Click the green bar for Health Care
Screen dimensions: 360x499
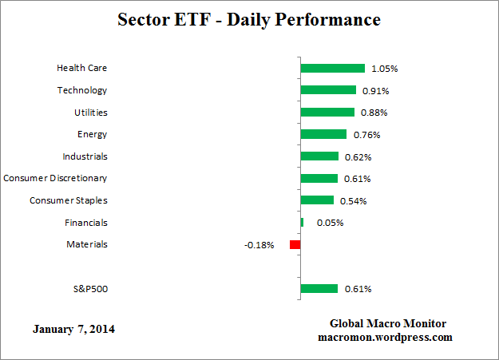pos(332,69)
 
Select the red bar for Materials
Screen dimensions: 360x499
pos(295,244)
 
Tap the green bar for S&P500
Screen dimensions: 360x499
pos(319,288)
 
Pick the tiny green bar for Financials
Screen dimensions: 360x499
pos(302,222)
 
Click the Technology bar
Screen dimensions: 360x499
pos(328,90)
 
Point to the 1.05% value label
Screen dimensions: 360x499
pos(384,69)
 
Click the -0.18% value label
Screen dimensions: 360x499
pos(259,245)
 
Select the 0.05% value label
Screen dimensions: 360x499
pos(330,223)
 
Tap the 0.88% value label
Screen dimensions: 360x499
pos(374,113)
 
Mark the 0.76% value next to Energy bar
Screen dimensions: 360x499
pos(366,135)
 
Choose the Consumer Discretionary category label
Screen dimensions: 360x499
pos(55,178)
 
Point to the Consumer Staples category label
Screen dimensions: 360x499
pos(68,200)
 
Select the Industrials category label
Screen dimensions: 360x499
pos(85,156)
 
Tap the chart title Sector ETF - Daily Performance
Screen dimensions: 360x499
pos(249,18)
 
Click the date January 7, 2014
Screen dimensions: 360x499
pos(73,328)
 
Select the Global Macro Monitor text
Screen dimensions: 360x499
pos(387,323)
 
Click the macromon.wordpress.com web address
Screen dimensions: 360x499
pos(385,337)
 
